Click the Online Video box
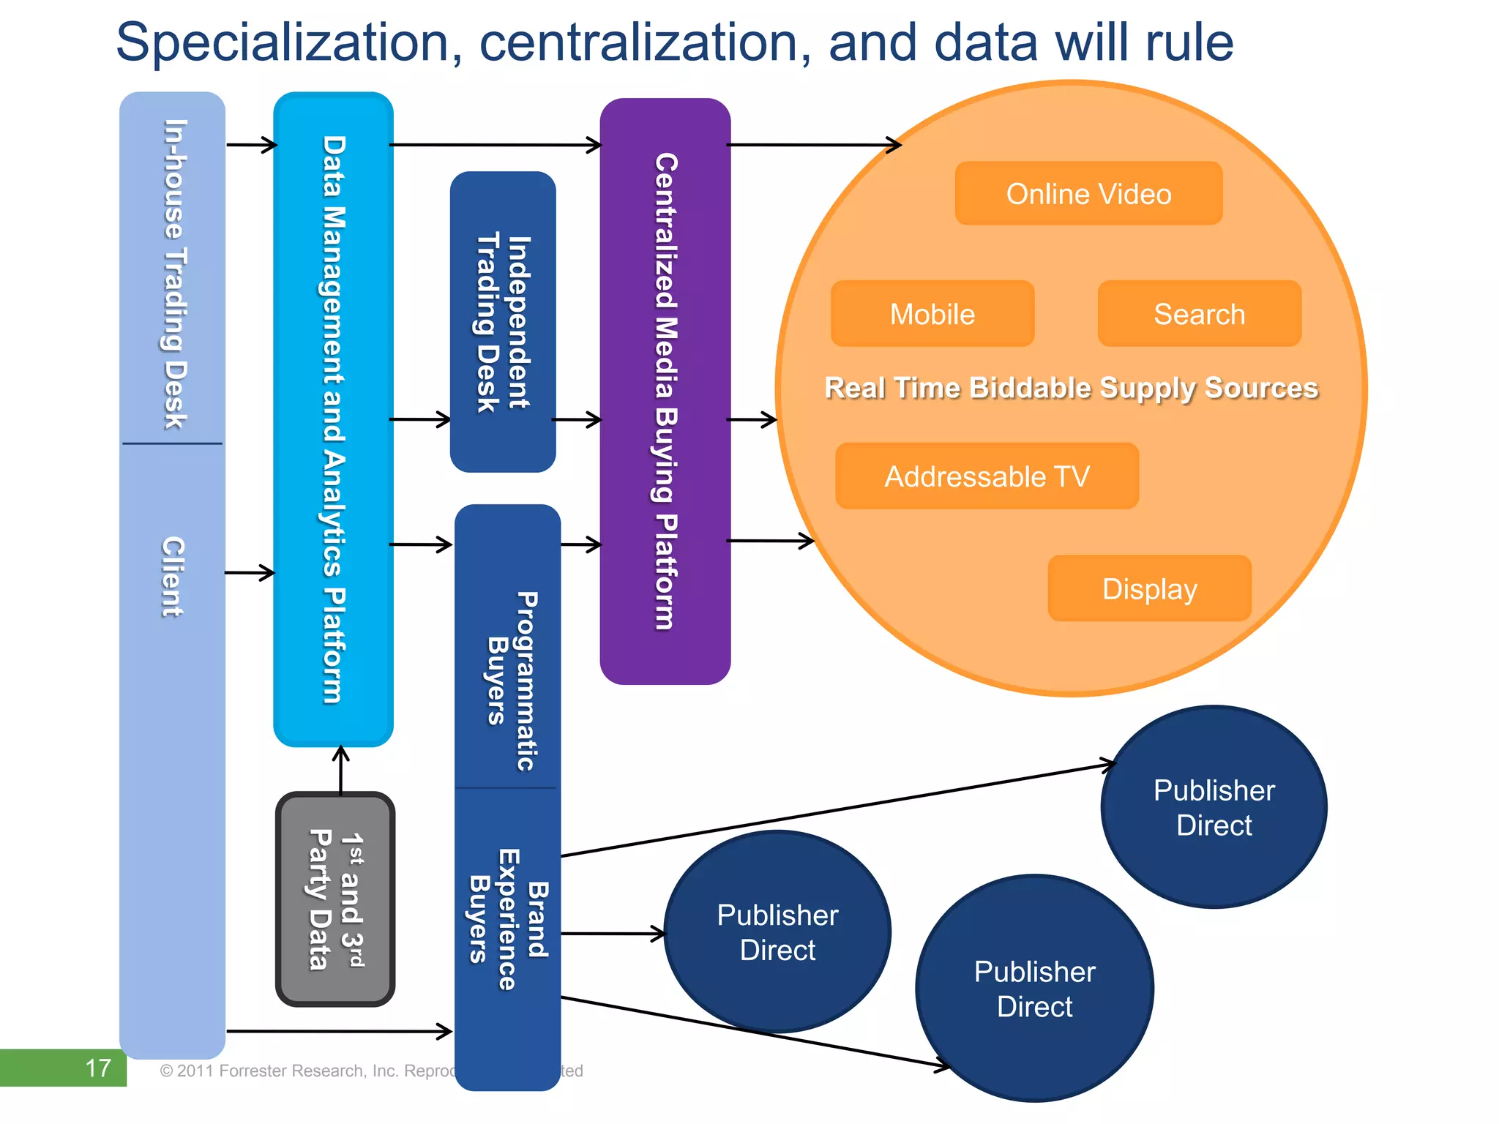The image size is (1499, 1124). point(1088,194)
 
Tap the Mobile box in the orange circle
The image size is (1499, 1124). point(932,314)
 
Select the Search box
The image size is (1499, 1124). point(1199,314)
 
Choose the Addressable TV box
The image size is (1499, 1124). point(987,476)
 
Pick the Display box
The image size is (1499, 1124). point(1149,588)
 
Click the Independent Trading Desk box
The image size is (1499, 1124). point(503,322)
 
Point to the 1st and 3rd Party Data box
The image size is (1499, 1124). point(335,899)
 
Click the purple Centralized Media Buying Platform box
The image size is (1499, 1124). point(665,391)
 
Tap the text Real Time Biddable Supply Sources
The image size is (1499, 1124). point(1071,388)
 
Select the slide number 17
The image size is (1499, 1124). point(97,1068)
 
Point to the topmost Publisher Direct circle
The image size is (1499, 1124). point(1214,807)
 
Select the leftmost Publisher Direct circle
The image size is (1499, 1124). point(777,932)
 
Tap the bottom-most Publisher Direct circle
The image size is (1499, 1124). point(1034,989)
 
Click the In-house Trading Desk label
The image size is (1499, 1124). point(174,274)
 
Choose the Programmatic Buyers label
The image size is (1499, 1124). point(512,681)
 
